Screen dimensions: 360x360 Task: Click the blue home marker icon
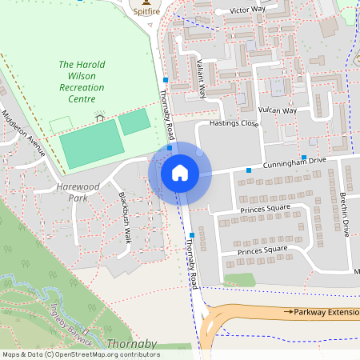(180, 173)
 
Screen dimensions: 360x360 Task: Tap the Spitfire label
(145, 12)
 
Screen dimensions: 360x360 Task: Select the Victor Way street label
(247, 10)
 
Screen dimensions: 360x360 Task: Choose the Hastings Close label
(234, 124)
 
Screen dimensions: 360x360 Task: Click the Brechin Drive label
(344, 214)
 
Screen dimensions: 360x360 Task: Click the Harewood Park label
(78, 191)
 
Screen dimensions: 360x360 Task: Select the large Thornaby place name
(131, 345)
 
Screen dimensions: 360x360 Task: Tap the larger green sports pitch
(91, 145)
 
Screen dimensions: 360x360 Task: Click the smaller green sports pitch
(134, 122)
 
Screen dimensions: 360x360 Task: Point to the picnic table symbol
(99, 115)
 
